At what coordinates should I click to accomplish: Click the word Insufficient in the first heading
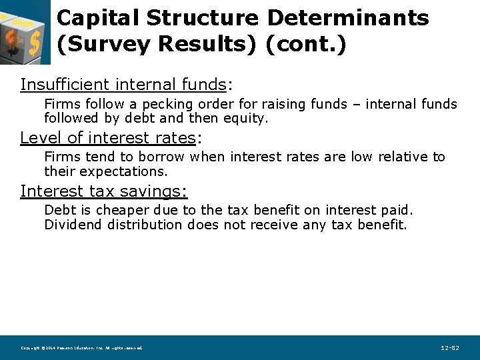tap(65, 85)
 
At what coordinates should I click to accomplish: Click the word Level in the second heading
tap(39, 138)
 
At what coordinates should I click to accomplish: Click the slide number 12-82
tap(450, 348)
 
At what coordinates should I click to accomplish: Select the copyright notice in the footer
tap(81, 348)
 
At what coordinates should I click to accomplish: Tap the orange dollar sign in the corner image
tap(13, 41)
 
